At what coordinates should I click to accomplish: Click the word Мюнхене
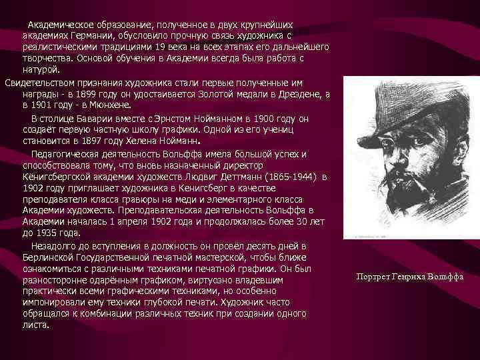click(112, 105)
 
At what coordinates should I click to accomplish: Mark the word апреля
click(145, 222)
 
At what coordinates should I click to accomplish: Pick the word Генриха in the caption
click(407, 277)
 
